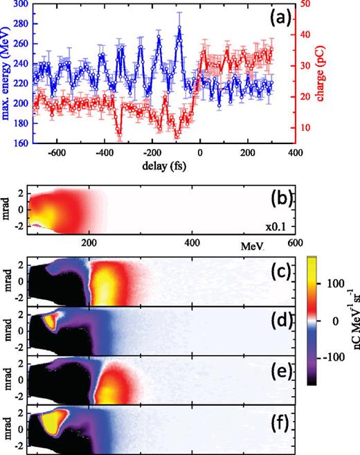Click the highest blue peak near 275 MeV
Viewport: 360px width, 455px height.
coord(179,29)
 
